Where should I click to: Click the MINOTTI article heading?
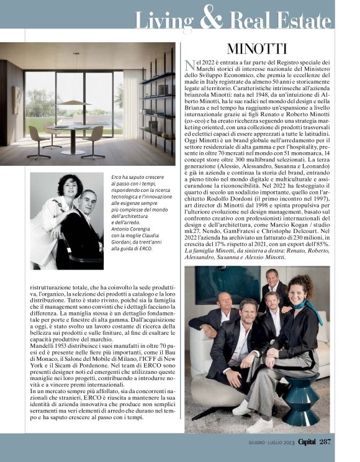point(256,48)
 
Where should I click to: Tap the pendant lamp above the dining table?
point(74,102)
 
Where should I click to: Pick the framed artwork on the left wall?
point(16,99)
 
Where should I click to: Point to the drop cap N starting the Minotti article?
point(190,66)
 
